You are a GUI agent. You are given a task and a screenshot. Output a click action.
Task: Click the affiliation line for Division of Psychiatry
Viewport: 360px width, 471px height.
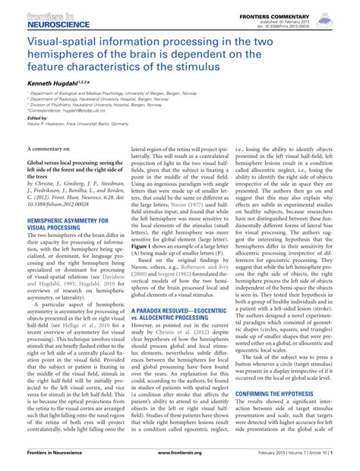point(92,125)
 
